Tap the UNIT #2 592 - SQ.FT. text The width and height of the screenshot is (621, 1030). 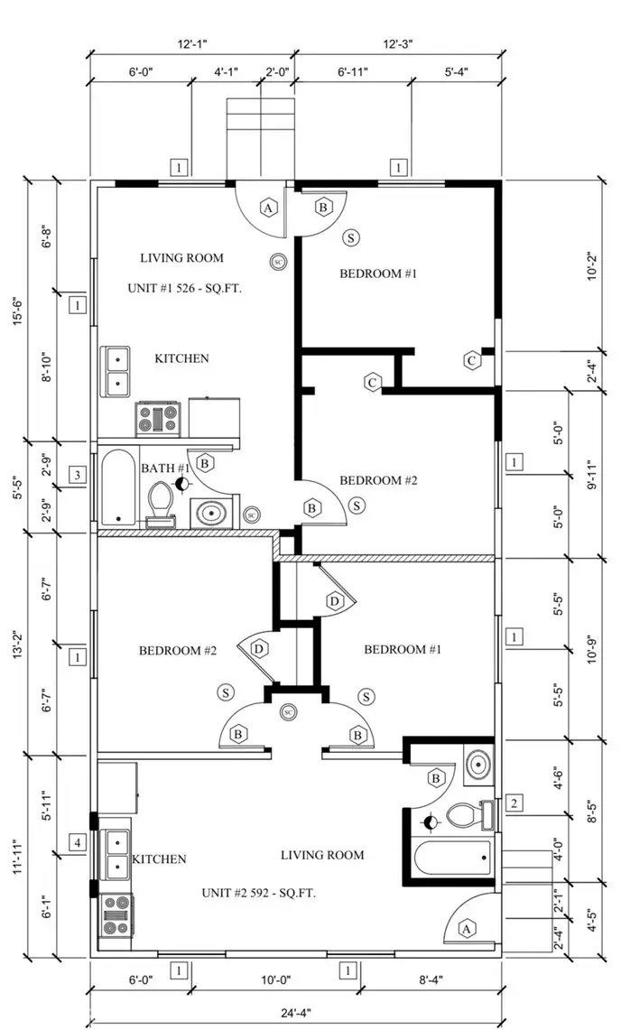[x=264, y=893]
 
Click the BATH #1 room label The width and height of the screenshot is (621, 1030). [x=165, y=468]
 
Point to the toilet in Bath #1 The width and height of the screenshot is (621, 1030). [x=162, y=502]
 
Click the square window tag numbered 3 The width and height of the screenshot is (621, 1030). [x=78, y=476]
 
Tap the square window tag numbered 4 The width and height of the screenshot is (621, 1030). [x=78, y=844]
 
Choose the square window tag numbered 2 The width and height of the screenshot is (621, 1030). [x=514, y=803]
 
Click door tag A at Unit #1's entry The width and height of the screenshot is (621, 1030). [x=267, y=208]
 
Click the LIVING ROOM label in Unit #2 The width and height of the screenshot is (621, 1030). [x=322, y=855]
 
